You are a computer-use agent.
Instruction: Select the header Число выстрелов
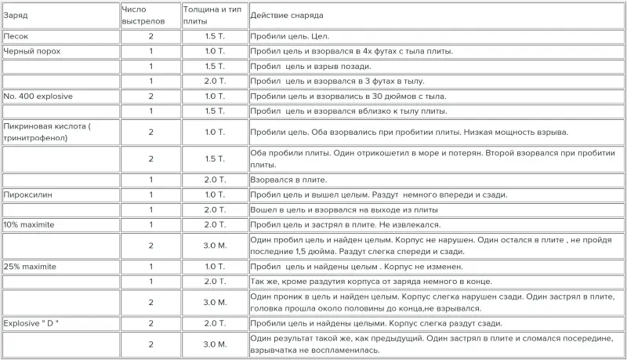click(145, 14)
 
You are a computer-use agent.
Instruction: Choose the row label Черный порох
click(32, 51)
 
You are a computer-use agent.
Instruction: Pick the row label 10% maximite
click(33, 224)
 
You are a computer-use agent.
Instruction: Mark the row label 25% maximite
click(33, 267)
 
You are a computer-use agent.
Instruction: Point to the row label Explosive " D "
click(36, 323)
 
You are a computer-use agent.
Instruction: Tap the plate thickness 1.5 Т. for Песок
click(215, 36)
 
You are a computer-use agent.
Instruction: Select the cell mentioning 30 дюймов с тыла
click(348, 96)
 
